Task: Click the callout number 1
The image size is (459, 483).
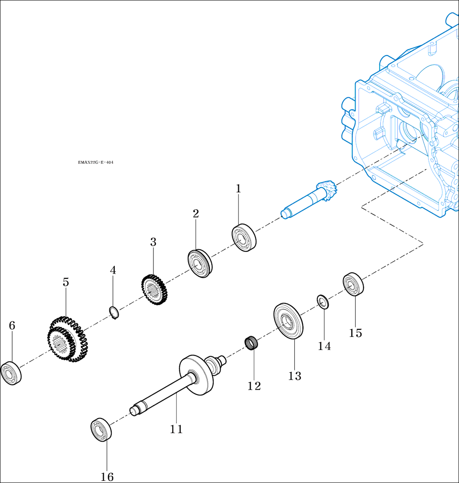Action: click(x=238, y=189)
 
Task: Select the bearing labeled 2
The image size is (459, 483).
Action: click(x=200, y=264)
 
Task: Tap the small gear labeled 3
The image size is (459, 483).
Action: click(x=154, y=289)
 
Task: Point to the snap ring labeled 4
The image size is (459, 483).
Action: click(x=114, y=313)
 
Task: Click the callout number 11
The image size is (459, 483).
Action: click(x=176, y=429)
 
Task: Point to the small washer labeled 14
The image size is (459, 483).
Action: click(x=323, y=301)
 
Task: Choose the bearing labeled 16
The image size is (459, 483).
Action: click(x=101, y=430)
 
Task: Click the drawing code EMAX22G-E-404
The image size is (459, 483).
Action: click(x=95, y=163)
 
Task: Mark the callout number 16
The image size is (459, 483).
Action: click(x=107, y=477)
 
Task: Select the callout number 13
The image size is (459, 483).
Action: click(x=295, y=376)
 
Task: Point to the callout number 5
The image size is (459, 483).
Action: click(x=66, y=282)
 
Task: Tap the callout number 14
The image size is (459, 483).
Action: click(x=324, y=346)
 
